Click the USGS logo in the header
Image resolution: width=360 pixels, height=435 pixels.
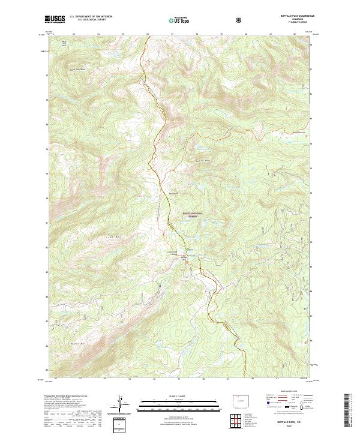(x=55, y=20)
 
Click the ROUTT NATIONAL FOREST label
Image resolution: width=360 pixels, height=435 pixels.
(x=193, y=215)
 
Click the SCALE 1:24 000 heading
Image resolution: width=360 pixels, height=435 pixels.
(x=171, y=395)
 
